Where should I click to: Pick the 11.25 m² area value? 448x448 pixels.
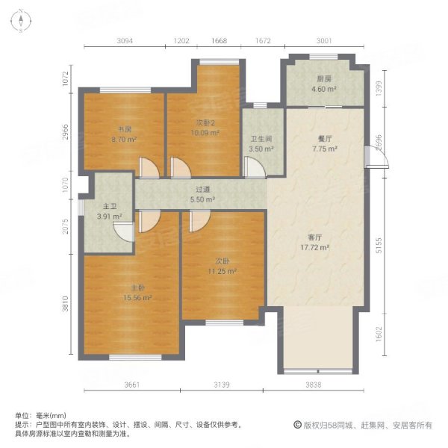(x=223, y=272)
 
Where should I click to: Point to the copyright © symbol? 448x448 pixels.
(x=297, y=425)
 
